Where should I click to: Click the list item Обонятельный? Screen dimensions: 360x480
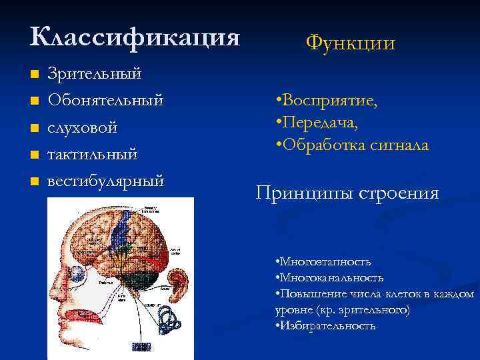pyautogui.click(x=105, y=100)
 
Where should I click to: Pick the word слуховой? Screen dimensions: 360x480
pyautogui.click(x=83, y=127)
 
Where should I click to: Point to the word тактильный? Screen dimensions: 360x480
pyautogui.click(x=92, y=154)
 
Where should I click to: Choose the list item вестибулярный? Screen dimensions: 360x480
pyautogui.click(x=105, y=181)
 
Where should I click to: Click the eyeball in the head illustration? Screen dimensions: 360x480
pyautogui.click(x=77, y=274)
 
